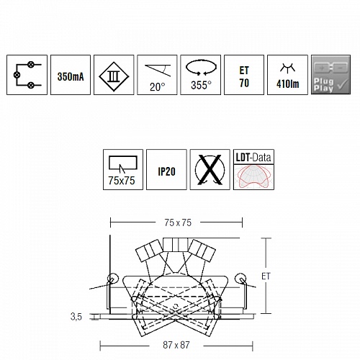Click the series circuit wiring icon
click(27, 75)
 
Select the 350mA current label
click(71, 77)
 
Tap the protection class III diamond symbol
click(114, 77)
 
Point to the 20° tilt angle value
click(158, 87)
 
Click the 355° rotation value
click(201, 85)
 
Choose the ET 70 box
click(244, 75)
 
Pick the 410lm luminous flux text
click(288, 84)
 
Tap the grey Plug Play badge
click(330, 75)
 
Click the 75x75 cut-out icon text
click(122, 181)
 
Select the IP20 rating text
click(166, 171)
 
